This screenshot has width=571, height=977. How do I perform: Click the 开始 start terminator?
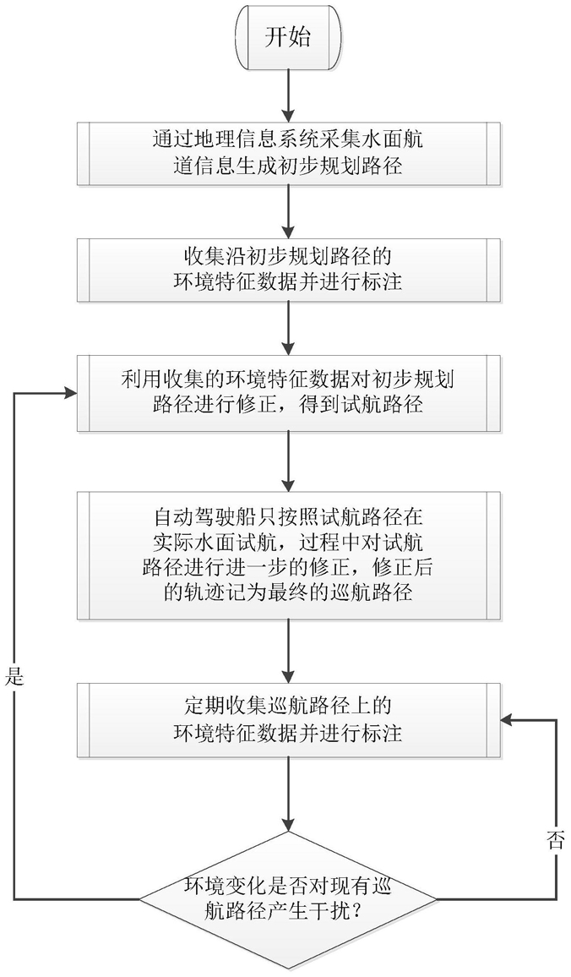289,39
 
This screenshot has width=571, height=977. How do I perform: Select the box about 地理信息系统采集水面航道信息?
289,152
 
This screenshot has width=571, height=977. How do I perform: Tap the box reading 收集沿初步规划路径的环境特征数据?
289,268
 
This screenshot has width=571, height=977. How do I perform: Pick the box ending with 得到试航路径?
289,394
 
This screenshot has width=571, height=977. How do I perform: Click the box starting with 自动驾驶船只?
289,554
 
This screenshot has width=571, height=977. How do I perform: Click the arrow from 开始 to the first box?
289,94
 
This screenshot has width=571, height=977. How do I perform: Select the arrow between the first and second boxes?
289,210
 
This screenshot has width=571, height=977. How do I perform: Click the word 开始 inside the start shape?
289,39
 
